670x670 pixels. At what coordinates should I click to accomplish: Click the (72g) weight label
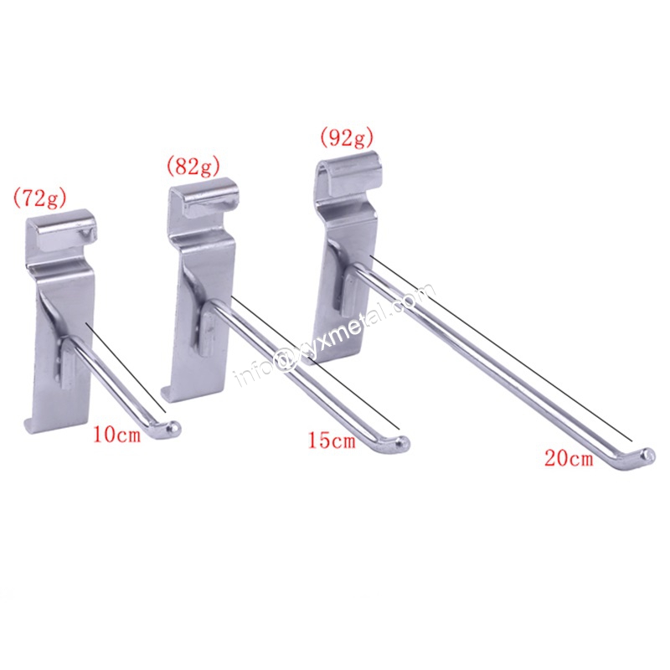coord(39,198)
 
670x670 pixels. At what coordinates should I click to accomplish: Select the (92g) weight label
coord(346,137)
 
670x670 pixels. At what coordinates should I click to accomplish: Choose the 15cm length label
coord(332,441)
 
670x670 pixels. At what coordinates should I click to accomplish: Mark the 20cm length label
coord(569,458)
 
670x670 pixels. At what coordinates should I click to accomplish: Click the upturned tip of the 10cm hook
coord(174,426)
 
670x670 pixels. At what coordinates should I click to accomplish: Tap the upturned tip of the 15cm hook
coord(404,443)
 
